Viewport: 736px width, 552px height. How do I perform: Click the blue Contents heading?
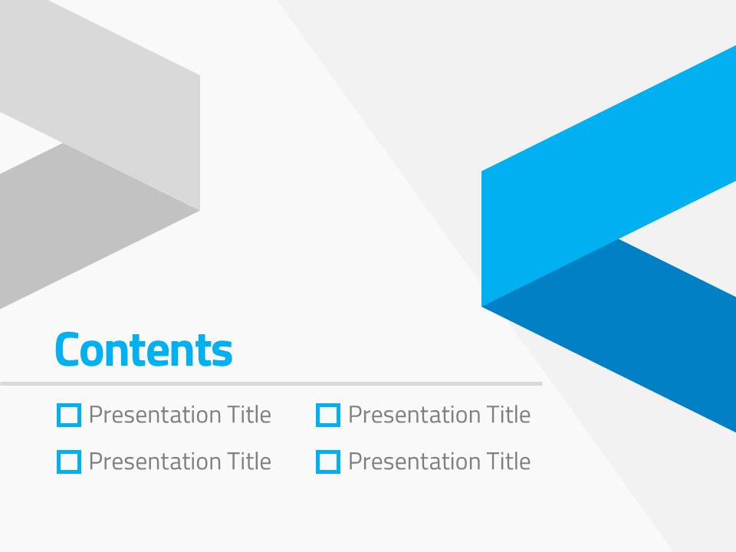[143, 350]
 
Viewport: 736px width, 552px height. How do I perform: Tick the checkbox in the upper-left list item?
[68, 404]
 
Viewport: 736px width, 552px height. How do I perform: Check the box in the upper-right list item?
[328, 404]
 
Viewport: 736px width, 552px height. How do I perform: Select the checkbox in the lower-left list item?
[68, 451]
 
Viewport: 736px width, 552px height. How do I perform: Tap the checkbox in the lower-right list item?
[328, 451]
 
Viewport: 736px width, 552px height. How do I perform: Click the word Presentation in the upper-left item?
[155, 415]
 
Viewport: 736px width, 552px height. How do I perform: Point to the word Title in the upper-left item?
[249, 414]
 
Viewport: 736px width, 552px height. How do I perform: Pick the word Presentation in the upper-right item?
[415, 415]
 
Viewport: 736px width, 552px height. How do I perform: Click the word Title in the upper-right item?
[509, 414]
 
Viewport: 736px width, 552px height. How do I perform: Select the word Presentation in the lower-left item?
[155, 462]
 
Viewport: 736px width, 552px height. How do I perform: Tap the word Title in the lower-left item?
[249, 461]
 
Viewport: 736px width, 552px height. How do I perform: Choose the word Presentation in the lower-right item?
[415, 462]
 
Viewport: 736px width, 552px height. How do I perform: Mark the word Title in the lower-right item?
[509, 461]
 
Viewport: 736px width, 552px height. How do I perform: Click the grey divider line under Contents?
[271, 383]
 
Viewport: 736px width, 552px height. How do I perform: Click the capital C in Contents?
[67, 350]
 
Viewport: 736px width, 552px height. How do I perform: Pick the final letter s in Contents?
[224, 353]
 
